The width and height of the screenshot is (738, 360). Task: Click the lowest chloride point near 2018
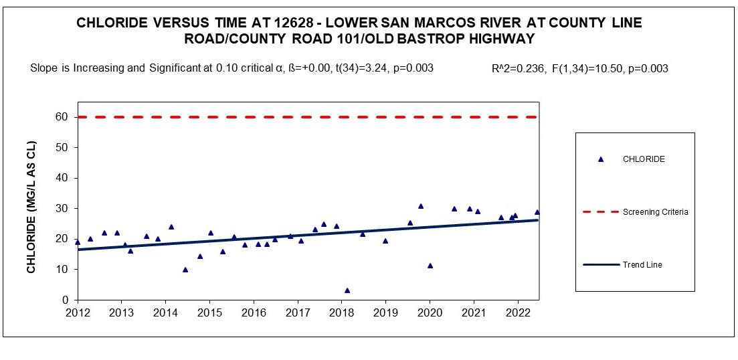click(347, 290)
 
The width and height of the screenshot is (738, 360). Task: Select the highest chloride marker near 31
click(421, 206)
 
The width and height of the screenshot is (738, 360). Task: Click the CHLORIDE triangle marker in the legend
click(601, 159)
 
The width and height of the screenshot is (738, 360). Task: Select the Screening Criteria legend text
click(656, 211)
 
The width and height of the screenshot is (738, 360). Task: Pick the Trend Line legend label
click(642, 265)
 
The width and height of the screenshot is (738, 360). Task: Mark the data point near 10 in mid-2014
click(185, 270)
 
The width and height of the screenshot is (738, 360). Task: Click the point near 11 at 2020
click(430, 266)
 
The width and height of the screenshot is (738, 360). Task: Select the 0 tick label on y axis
click(66, 300)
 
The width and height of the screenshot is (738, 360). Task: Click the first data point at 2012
click(78, 242)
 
